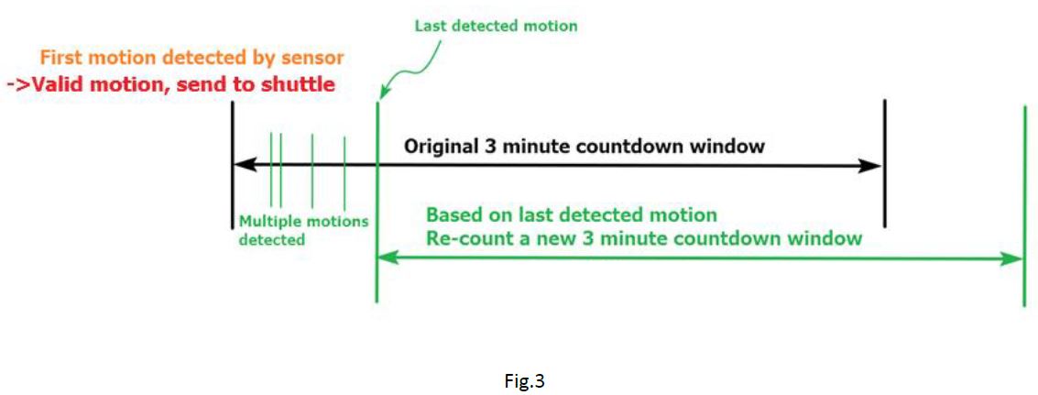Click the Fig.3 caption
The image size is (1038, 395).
coord(524,381)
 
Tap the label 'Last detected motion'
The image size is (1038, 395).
coord(496,26)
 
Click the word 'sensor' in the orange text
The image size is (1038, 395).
coord(313,58)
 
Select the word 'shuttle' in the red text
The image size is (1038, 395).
coord(300,85)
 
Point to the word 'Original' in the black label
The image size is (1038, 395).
coord(439,147)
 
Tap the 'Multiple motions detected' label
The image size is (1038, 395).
coord(302,230)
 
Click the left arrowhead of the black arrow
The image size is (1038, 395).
coord(240,166)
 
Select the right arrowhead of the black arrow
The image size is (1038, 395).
coord(873,166)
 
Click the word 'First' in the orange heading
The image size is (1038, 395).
coord(61,58)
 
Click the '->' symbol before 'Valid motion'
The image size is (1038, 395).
coord(18,85)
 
